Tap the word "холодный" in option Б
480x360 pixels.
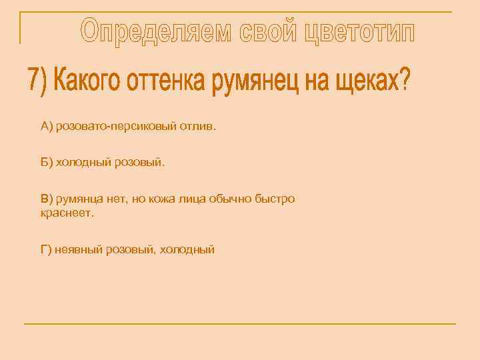(x=82, y=162)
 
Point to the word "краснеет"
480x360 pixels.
(x=67, y=213)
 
